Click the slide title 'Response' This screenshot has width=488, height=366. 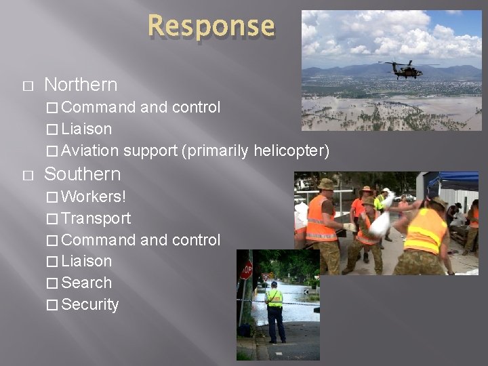(211, 26)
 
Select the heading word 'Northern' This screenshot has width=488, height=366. (81, 85)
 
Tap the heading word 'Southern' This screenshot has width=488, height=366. (82, 174)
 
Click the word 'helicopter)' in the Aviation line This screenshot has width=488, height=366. (291, 150)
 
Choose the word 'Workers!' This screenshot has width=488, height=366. (94, 197)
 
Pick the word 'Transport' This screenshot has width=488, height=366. (96, 218)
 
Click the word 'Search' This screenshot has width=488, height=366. (86, 283)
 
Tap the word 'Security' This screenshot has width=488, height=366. (90, 304)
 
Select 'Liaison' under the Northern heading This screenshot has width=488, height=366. (87, 129)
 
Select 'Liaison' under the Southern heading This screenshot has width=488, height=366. (87, 261)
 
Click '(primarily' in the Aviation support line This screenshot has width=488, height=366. (216, 150)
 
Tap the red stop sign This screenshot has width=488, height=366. (246, 270)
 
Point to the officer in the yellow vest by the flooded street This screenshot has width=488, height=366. (274, 311)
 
